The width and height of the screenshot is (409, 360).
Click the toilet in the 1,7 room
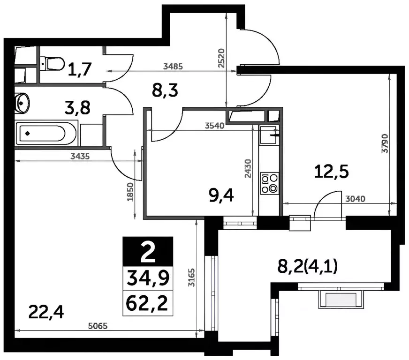[x=52, y=63]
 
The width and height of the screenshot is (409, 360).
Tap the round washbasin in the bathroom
[x=22, y=103]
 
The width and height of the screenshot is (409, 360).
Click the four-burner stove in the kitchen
[x=269, y=183]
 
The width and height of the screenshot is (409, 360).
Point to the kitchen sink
[x=269, y=135]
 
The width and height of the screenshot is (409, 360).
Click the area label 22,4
[x=46, y=312]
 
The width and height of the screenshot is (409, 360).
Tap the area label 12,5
[x=331, y=172]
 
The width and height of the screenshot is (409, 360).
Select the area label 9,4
[x=221, y=195]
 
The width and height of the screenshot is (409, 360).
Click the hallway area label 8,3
[x=165, y=91]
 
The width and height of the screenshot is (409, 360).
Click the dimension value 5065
[x=98, y=326]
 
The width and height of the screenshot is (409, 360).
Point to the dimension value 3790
[x=385, y=143]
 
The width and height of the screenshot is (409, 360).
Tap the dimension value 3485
[x=173, y=67]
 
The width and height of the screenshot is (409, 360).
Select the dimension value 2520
[x=221, y=58]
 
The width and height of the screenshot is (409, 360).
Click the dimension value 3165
[x=192, y=277]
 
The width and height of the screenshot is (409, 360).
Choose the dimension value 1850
[x=130, y=192]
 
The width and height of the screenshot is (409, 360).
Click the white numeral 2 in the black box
[x=148, y=252]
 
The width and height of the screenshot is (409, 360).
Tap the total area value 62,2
[x=147, y=303]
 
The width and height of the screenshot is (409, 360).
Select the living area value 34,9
[x=148, y=278]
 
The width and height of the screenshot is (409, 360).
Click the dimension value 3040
[x=355, y=199]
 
